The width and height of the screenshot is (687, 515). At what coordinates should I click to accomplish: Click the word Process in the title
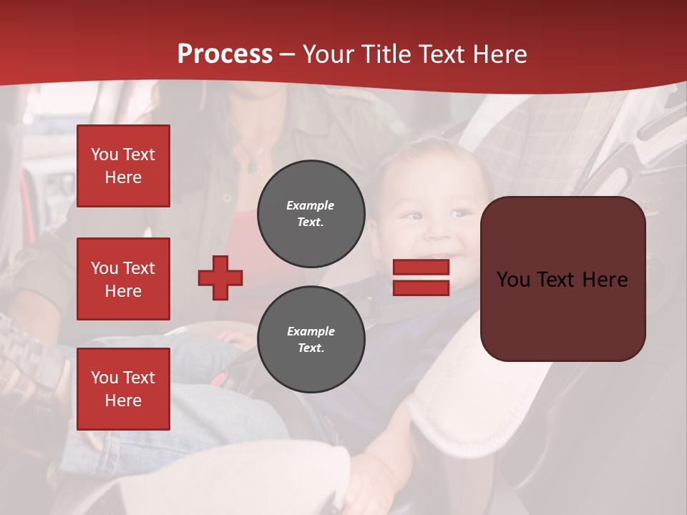[x=225, y=54]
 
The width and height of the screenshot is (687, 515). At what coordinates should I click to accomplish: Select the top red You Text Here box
[x=123, y=166]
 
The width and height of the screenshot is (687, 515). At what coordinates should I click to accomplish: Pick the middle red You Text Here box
[x=123, y=279]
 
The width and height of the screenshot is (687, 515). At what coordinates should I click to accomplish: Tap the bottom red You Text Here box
[x=123, y=388]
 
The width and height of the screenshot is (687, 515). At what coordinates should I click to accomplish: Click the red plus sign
[x=220, y=278]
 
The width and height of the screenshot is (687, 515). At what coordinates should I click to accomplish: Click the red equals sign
[x=421, y=278]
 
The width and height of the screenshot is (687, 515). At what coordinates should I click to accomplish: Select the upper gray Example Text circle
[x=311, y=214]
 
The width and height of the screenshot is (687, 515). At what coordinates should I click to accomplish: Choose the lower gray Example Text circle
[x=311, y=339]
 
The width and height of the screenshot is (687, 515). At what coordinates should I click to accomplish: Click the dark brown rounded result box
[x=562, y=279]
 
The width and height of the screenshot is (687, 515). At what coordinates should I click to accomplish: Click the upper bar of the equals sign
[x=421, y=267]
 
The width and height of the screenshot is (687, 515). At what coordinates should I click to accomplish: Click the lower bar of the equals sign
[x=421, y=288]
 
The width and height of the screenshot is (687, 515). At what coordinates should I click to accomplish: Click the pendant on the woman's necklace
[x=252, y=166]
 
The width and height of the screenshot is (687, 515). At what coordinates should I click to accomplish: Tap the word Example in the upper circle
[x=311, y=205]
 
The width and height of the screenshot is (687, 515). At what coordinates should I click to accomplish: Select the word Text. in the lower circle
[x=311, y=348]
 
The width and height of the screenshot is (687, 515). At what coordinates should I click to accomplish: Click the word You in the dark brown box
[x=512, y=279]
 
